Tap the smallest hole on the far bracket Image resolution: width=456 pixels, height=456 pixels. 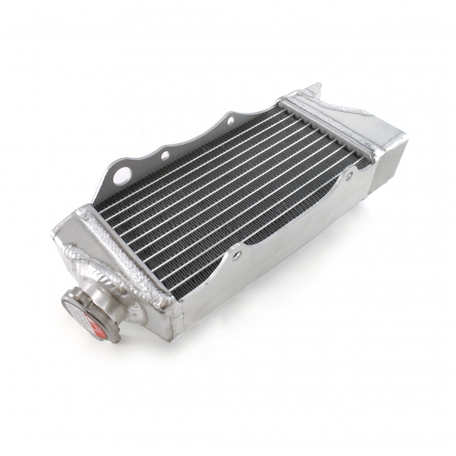pos(231,120)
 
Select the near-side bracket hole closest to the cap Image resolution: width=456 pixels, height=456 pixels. pos(237,257)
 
